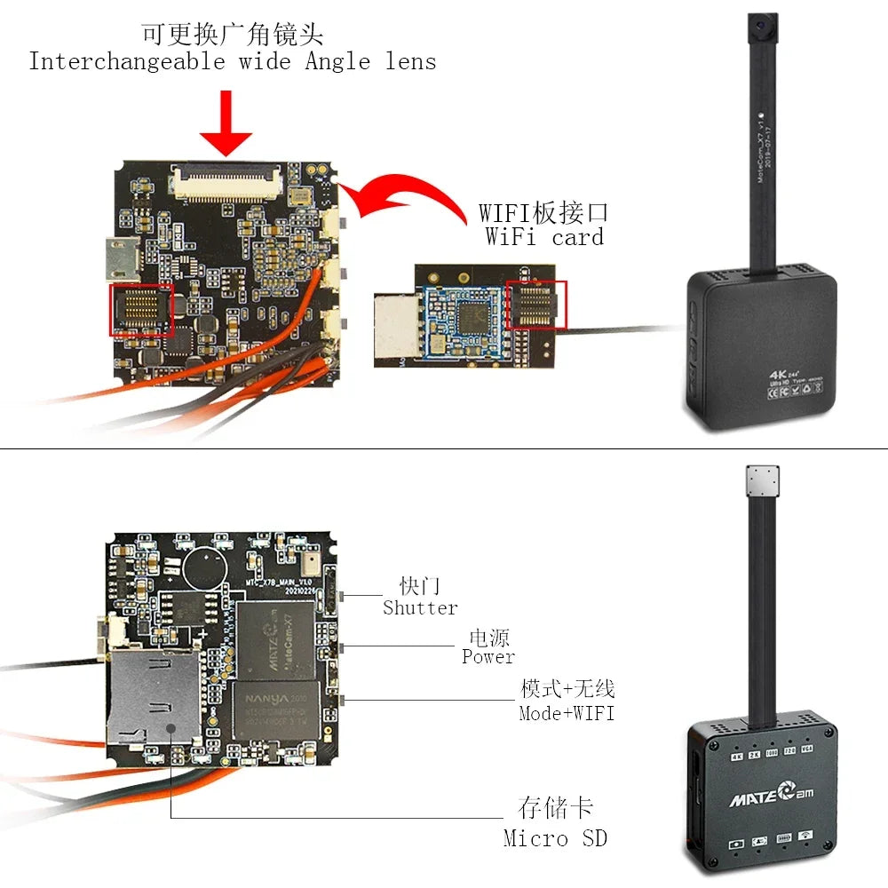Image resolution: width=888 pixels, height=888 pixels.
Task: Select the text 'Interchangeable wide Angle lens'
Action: tap(233, 62)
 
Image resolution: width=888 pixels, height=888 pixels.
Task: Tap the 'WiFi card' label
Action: tap(544, 237)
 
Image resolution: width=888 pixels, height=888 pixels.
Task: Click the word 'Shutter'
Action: tap(420, 608)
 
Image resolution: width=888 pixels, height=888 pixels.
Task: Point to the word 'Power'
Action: tap(488, 657)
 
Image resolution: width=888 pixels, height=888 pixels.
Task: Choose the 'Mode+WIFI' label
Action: tap(567, 713)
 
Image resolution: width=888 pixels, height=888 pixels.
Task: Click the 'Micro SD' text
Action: tap(555, 837)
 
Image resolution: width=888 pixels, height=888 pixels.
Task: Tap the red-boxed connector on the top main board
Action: tap(140, 310)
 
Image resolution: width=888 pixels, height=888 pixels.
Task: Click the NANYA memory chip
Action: tap(274, 710)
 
